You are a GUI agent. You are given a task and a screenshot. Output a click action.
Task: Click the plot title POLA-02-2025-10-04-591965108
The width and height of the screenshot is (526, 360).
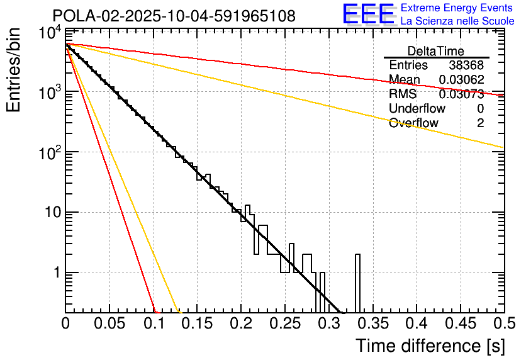click(x=173, y=16)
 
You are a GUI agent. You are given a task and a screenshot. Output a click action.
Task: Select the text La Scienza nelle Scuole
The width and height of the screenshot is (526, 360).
click(x=457, y=21)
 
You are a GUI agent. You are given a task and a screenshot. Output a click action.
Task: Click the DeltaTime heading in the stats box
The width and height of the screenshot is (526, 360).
click(x=436, y=51)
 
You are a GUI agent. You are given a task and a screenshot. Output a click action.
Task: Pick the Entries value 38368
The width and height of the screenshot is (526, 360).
click(x=466, y=65)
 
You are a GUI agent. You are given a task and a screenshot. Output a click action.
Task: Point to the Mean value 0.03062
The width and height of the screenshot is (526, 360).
click(x=461, y=80)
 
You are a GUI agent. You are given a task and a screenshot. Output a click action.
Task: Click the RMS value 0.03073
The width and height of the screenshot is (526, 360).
click(x=461, y=94)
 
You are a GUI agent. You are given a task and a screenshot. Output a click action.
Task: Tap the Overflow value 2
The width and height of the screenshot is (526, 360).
click(x=480, y=123)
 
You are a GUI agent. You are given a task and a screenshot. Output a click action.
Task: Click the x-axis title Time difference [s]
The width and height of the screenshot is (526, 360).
click(x=430, y=346)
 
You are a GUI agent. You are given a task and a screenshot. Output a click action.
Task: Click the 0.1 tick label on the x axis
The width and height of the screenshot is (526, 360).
click(x=153, y=323)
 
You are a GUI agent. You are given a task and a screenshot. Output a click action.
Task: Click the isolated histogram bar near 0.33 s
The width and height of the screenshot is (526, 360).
click(x=357, y=283)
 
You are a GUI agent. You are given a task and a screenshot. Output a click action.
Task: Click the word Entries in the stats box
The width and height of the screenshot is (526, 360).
click(x=408, y=65)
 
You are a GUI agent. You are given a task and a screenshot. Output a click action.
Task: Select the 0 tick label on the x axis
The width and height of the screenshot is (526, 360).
click(x=65, y=323)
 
